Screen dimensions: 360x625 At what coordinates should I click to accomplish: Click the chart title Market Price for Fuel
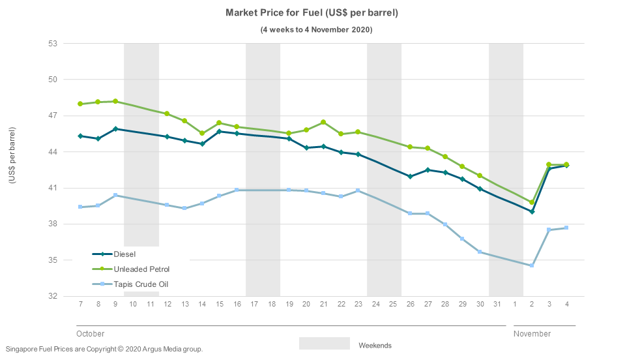312,13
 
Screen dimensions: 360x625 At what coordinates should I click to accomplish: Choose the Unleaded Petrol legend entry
141,269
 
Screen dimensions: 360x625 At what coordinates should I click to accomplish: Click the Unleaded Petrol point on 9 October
115,101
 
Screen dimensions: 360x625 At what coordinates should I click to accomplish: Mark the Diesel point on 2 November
532,211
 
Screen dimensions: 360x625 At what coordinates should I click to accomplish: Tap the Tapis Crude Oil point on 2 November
532,265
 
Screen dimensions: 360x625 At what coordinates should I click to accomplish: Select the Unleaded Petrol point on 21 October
323,122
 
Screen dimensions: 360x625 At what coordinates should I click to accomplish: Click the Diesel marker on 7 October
80,136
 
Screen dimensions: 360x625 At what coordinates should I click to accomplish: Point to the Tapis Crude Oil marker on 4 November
566,228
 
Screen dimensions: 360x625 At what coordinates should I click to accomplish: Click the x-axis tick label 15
220,305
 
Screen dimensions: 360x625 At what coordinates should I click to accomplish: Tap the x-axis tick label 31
497,305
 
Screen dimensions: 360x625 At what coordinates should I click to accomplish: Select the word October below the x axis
91,334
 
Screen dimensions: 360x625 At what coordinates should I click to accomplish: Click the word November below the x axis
532,334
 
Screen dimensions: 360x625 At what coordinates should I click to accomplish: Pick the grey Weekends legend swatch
324,344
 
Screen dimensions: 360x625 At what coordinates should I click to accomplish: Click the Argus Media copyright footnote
104,349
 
